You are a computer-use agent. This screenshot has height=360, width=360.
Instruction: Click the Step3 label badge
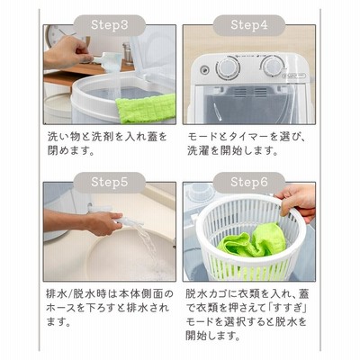coord(110,25)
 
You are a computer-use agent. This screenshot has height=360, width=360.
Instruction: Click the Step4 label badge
coord(249,25)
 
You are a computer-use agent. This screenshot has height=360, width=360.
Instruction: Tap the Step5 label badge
coord(110,182)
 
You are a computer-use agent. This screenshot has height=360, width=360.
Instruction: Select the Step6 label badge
coord(249,182)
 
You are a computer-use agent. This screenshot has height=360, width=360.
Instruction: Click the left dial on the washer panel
coord(229,68)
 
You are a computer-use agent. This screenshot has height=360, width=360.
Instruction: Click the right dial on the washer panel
coord(271,67)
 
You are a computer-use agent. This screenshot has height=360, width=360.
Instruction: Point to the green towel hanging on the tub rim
coord(146,108)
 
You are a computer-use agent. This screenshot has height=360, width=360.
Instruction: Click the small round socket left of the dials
coord(204,70)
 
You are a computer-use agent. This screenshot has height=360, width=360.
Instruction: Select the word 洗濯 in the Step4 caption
coord(198,150)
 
